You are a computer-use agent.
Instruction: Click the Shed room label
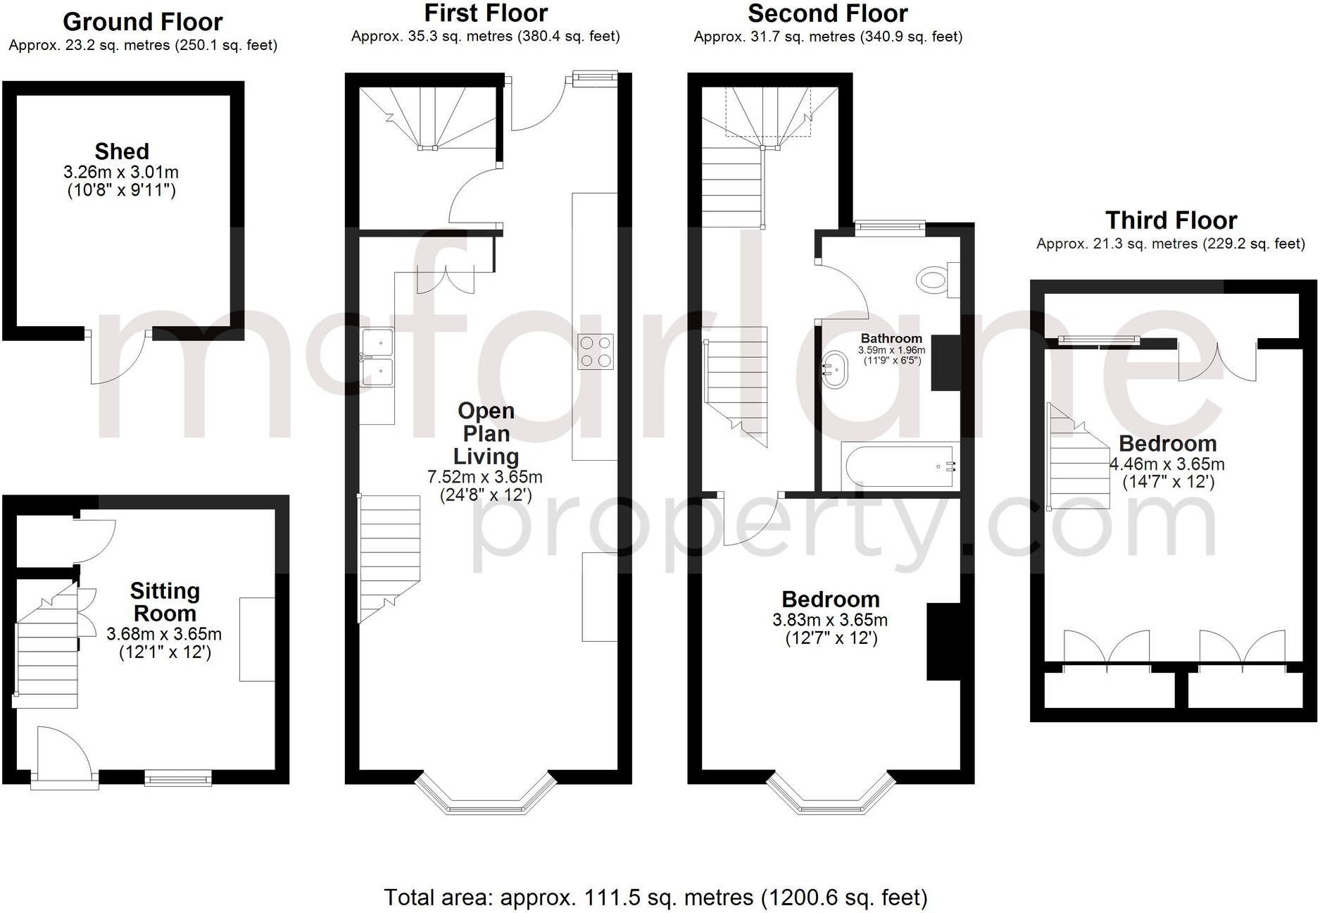pyautogui.click(x=122, y=151)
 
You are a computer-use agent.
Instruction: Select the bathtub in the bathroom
pyautogui.click(x=900, y=466)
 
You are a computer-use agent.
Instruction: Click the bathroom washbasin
pyautogui.click(x=835, y=369)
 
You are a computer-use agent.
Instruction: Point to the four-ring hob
pyautogui.click(x=596, y=352)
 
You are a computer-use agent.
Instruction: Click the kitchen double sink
pyautogui.click(x=377, y=358)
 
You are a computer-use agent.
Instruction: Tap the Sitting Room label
pyautogui.click(x=165, y=602)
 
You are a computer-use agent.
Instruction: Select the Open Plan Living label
pyautogui.click(x=486, y=433)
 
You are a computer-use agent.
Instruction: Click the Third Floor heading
pyautogui.click(x=1171, y=221)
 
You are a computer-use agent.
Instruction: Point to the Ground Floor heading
pyautogui.click(x=143, y=22)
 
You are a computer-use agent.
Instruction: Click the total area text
pyautogui.click(x=655, y=898)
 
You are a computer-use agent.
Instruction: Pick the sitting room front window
pyautogui.click(x=178, y=778)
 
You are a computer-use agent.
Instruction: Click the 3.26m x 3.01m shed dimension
pyautogui.click(x=121, y=172)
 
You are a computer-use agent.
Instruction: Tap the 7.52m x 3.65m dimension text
pyautogui.click(x=485, y=477)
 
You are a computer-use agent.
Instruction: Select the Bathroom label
pyautogui.click(x=891, y=338)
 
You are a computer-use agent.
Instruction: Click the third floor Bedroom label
pyautogui.click(x=1168, y=443)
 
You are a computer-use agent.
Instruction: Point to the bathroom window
pyautogui.click(x=890, y=226)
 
